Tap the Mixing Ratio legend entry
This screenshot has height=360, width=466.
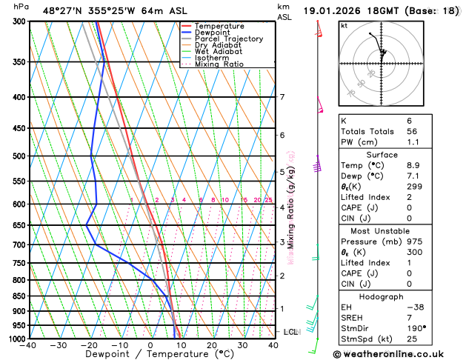click(219, 64)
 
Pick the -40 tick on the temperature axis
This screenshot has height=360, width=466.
click(29, 345)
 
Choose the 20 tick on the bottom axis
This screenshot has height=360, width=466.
click(212, 345)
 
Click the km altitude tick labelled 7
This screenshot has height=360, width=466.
click(282, 97)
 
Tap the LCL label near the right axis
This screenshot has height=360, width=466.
click(290, 332)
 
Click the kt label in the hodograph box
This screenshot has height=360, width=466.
click(344, 25)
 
